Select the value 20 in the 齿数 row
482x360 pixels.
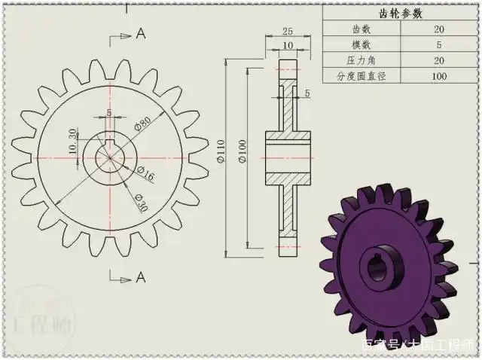click(438, 29)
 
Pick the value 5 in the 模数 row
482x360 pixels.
click(438, 45)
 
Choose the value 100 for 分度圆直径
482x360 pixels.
click(438, 76)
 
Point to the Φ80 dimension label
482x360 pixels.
click(143, 123)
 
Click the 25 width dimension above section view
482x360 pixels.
click(288, 32)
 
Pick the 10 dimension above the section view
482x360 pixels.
click(288, 46)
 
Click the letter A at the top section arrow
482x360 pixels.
click(140, 34)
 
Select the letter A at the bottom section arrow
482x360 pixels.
click(140, 278)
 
